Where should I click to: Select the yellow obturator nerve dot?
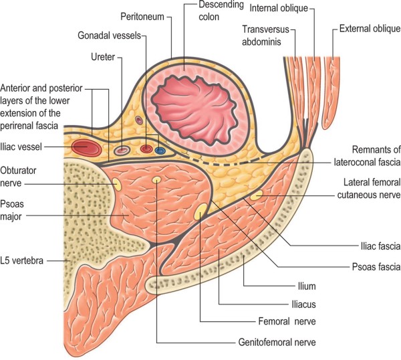116,183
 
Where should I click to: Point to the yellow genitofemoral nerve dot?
156,180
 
